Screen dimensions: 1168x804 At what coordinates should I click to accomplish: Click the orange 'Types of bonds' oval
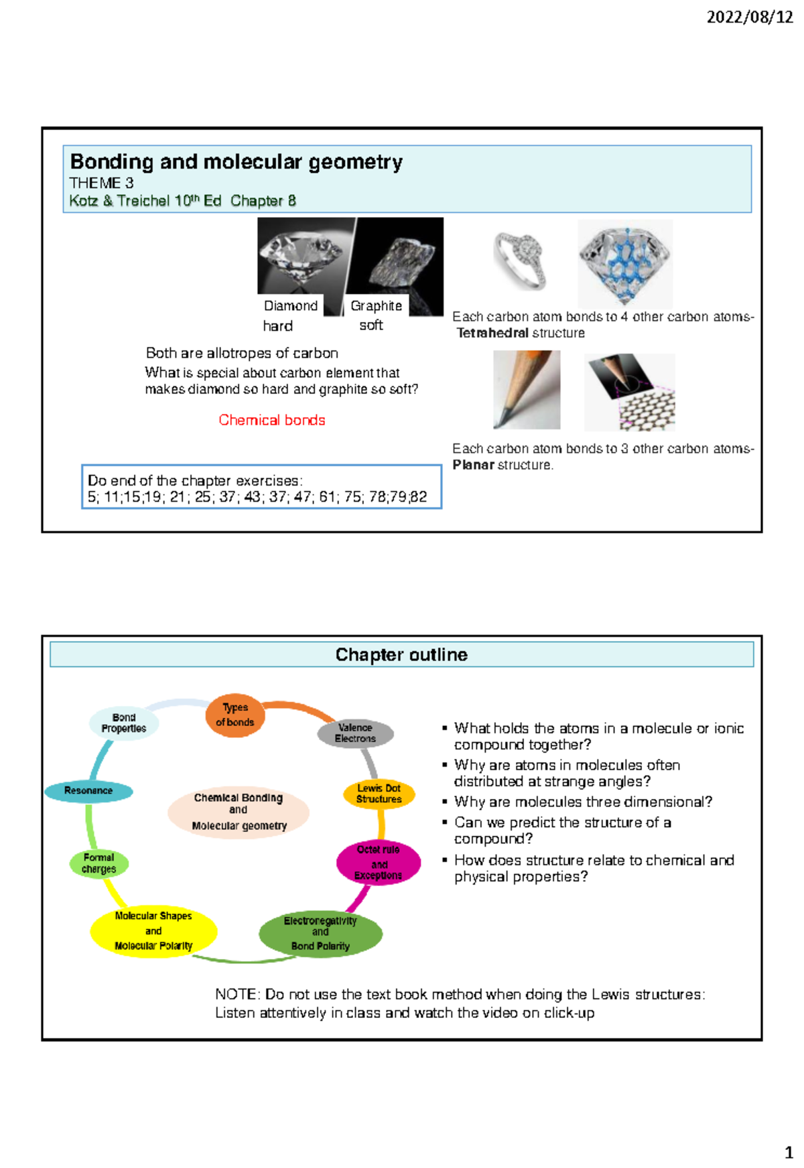(x=235, y=715)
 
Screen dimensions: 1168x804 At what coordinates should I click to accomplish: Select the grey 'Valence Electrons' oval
(x=355, y=733)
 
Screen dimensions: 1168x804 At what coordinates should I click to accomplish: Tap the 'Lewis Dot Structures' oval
(x=379, y=794)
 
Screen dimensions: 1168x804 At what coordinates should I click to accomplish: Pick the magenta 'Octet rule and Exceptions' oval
(x=379, y=863)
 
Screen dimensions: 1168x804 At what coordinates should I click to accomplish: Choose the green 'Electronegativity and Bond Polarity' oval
(x=320, y=934)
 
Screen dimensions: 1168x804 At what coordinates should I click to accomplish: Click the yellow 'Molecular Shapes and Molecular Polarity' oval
(x=153, y=931)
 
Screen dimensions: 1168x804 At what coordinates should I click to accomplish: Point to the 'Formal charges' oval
(x=99, y=863)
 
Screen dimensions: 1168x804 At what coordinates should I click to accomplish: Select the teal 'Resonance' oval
(x=88, y=791)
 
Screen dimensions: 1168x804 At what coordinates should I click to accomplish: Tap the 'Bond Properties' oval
(x=124, y=723)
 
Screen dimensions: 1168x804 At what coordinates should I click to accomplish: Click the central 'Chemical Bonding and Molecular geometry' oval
(x=239, y=812)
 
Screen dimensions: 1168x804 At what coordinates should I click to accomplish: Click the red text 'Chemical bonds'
(x=272, y=421)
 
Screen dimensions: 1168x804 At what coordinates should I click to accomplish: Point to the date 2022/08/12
(x=749, y=18)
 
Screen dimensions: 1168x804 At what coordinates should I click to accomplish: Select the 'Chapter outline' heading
(x=401, y=655)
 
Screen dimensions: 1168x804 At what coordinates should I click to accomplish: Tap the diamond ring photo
(x=520, y=261)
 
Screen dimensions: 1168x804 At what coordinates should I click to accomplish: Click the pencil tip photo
(x=527, y=390)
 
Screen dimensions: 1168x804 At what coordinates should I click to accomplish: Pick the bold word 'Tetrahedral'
(x=492, y=334)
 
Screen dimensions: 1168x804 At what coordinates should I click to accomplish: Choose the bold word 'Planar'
(x=473, y=465)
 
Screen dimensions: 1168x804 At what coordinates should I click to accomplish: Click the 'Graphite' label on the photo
(x=376, y=306)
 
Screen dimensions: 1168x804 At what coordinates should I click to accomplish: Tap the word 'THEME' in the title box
(x=94, y=183)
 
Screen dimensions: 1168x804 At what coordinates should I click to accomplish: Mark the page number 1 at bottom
(x=789, y=1153)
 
